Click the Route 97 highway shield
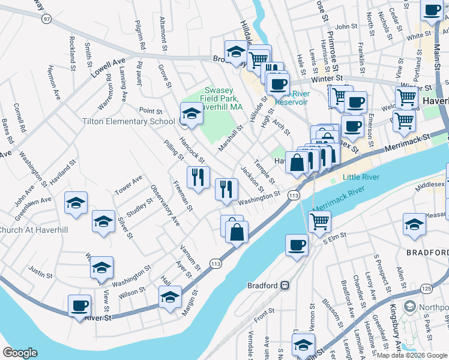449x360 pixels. pyautogui.click(x=46, y=19)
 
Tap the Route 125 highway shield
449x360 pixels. pyautogui.click(x=426, y=289)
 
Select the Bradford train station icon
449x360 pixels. pyautogui.click(x=286, y=286)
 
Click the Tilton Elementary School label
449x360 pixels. pyautogui.click(x=128, y=121)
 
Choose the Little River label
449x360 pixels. pyautogui.click(x=361, y=178)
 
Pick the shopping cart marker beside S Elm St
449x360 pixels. pyautogui.click(x=319, y=221)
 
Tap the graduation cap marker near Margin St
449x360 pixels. pyautogui.click(x=170, y=297)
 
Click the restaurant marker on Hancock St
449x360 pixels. pyautogui.click(x=197, y=176)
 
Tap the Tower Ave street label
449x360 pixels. pyautogui.click(x=128, y=188)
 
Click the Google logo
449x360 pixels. pyautogui.click(x=20, y=353)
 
